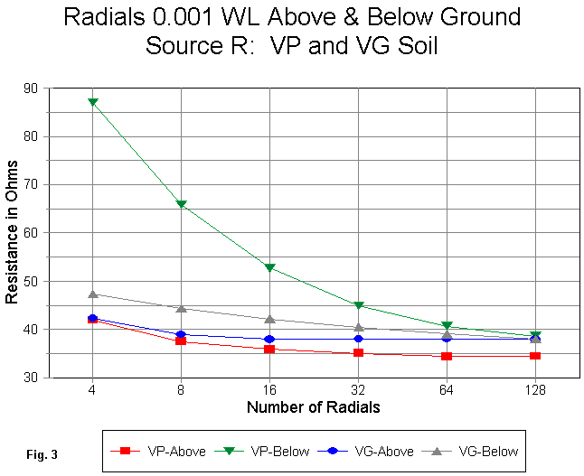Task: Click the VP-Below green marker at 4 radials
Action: pos(92,103)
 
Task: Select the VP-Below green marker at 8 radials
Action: pos(181,205)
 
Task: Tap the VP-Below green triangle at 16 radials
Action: pos(269,268)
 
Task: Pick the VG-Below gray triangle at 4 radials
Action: pos(92,294)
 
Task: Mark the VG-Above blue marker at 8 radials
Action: pos(181,335)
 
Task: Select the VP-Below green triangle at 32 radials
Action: pos(358,306)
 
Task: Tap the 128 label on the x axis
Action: pos(535,389)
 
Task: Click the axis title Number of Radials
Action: pos(313,407)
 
